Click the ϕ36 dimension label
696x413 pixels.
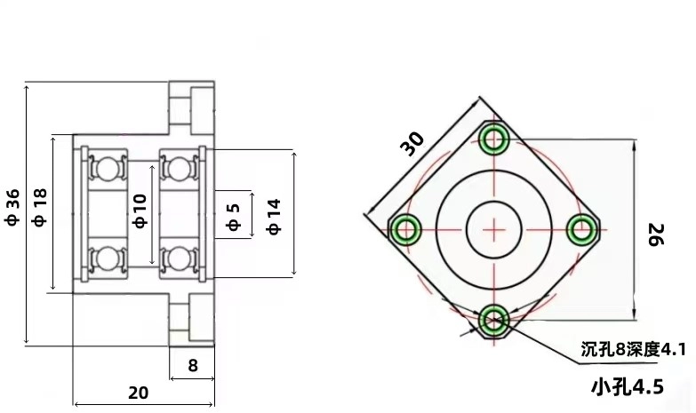(12, 210)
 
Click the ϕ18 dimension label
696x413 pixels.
(39, 210)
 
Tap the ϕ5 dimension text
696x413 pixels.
(234, 217)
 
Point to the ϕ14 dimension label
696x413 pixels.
(274, 216)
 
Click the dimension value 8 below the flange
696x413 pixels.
(192, 365)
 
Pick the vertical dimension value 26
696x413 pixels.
(655, 234)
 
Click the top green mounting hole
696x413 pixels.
(493, 139)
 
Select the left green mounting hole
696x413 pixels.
(406, 229)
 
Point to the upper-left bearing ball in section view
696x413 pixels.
(108, 166)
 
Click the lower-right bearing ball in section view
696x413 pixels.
(179, 258)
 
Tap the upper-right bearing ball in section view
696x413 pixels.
(179, 166)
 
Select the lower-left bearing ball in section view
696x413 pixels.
(108, 258)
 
